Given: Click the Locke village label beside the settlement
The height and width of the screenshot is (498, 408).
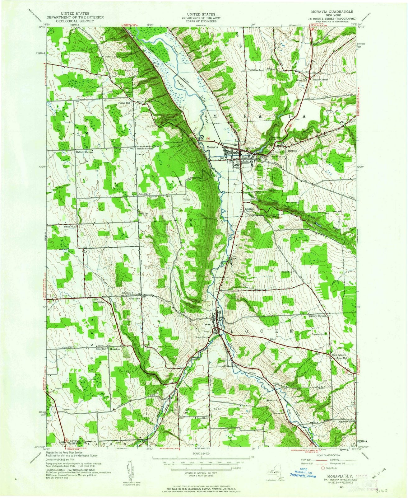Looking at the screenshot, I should tap(207, 324).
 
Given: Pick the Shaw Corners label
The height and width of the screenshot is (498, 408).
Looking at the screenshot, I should tap(338, 355).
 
